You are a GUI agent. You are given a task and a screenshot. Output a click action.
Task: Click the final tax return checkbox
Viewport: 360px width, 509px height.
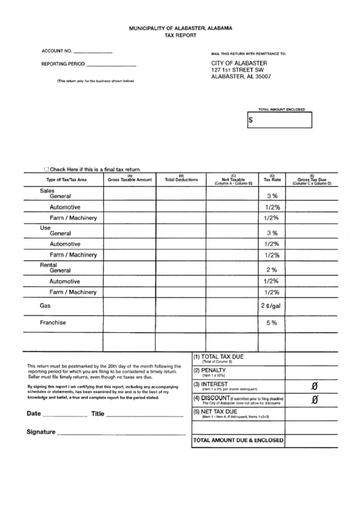pos(46,169)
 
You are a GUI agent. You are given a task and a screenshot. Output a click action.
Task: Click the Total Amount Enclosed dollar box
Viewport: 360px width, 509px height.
pos(280,120)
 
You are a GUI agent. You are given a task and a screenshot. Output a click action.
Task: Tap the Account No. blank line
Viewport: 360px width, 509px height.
pos(92,52)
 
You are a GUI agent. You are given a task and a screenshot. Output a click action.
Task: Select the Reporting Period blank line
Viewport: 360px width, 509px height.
pos(111,64)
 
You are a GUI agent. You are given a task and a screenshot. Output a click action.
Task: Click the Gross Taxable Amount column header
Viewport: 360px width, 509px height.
pos(130,180)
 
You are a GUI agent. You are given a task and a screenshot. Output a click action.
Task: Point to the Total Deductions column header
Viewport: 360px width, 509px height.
pos(181,180)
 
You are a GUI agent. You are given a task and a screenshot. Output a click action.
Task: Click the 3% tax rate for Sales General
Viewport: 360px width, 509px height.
pos(272,195)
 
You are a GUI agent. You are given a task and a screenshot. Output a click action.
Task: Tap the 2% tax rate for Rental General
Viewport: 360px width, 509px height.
pos(272,270)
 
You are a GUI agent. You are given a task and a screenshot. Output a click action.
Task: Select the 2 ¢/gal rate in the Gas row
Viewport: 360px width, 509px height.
pos(270,306)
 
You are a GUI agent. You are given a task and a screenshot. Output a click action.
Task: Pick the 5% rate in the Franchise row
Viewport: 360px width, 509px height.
pos(272,323)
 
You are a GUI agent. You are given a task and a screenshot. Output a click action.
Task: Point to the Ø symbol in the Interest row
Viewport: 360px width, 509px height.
pos(314,386)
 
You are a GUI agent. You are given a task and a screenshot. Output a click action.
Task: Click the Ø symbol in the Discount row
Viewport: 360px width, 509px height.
pos(314,400)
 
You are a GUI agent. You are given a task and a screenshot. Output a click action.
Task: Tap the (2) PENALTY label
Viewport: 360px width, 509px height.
pos(210,370)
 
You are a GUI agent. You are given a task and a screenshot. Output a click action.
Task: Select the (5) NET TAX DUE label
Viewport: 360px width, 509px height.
pos(216,412)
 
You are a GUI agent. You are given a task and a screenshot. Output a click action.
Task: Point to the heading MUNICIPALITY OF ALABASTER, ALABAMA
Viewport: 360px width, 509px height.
pos(180,29)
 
